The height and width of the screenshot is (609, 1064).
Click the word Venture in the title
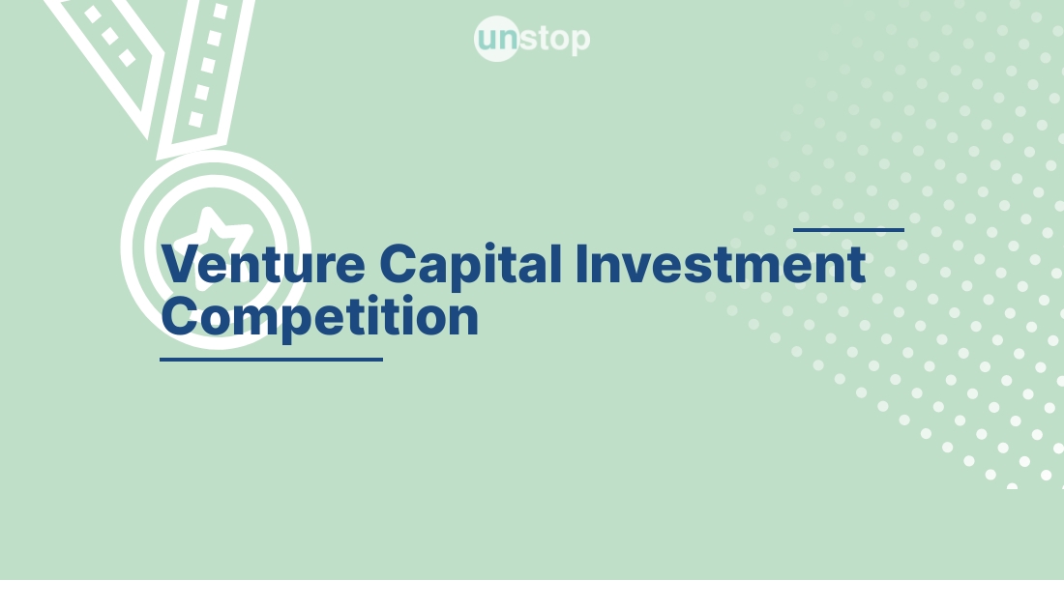click(x=263, y=264)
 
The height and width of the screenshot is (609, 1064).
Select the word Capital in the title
click(x=470, y=264)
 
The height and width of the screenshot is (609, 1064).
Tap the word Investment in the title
click(x=720, y=264)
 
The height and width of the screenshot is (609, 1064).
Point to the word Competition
click(x=319, y=317)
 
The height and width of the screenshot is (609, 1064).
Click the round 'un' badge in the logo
click(x=497, y=39)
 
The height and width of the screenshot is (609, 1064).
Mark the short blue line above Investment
click(x=848, y=230)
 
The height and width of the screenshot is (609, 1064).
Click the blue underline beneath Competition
click(x=271, y=360)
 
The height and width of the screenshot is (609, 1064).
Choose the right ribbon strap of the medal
click(x=205, y=72)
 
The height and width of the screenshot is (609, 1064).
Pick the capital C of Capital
click(x=399, y=264)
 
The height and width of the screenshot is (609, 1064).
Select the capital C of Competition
click(x=181, y=317)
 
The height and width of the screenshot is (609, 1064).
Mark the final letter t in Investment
click(x=855, y=265)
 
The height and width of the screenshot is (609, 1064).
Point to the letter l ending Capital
click(x=556, y=263)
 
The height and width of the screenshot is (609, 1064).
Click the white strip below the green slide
click(x=532, y=594)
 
